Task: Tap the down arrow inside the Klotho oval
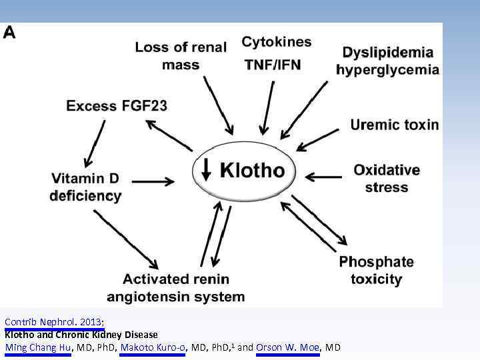point(206,171)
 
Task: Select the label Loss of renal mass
point(180,56)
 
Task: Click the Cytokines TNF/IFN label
point(276,53)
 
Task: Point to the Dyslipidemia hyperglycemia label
point(387,61)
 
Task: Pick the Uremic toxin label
point(395,125)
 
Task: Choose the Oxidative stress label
point(387,178)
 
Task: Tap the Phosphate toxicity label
point(376,269)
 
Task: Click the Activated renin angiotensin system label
point(184,287)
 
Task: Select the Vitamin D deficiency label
point(85,187)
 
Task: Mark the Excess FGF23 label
point(117,105)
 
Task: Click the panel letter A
point(11,33)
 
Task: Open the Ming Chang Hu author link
point(38,347)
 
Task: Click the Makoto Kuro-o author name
point(153,347)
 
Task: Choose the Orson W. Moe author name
point(288,347)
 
